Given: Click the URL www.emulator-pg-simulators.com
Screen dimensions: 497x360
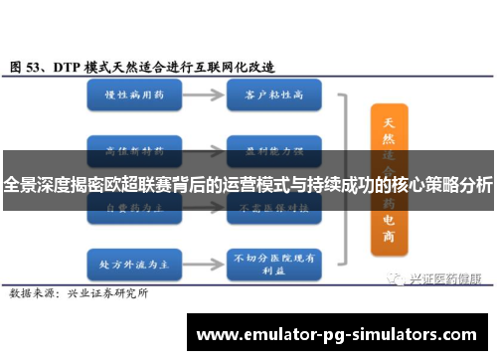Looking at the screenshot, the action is tap(338, 332).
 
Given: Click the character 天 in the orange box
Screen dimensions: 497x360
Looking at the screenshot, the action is tap(389, 122).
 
